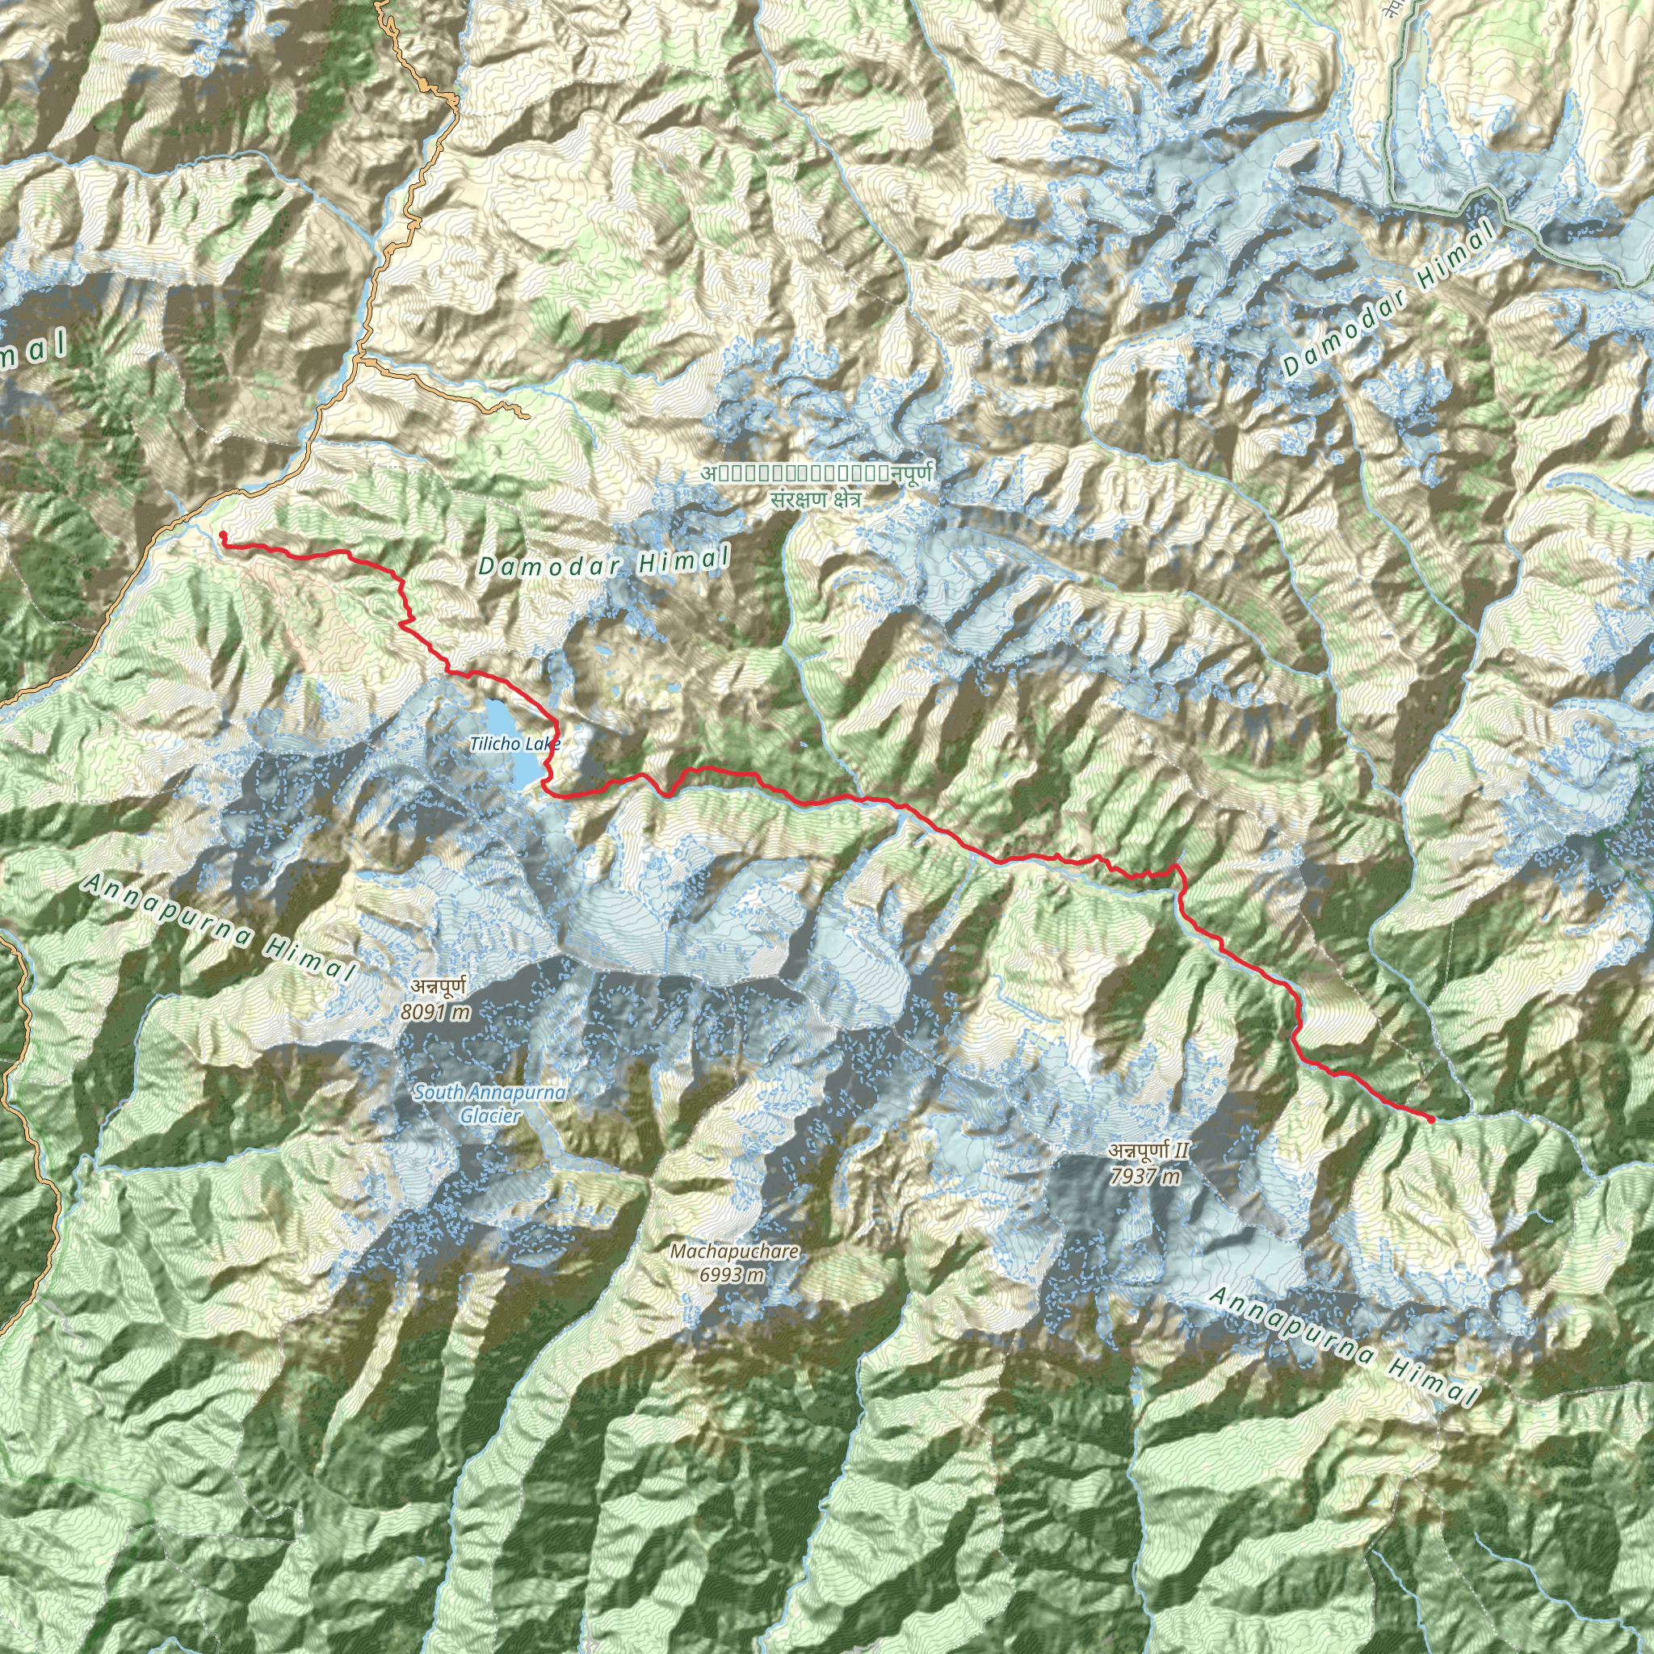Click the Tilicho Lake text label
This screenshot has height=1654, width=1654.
click(x=514, y=744)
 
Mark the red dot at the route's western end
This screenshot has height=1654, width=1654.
click(x=223, y=536)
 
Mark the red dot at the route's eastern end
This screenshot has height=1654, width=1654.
click(x=1431, y=1119)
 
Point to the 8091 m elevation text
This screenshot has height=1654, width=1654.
click(x=436, y=1012)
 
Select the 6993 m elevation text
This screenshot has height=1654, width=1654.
click(x=732, y=1274)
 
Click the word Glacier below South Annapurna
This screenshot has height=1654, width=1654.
click(x=489, y=1115)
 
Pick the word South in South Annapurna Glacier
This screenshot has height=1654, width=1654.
click(x=439, y=1093)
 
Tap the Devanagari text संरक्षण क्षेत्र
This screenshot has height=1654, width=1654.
click(x=815, y=500)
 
